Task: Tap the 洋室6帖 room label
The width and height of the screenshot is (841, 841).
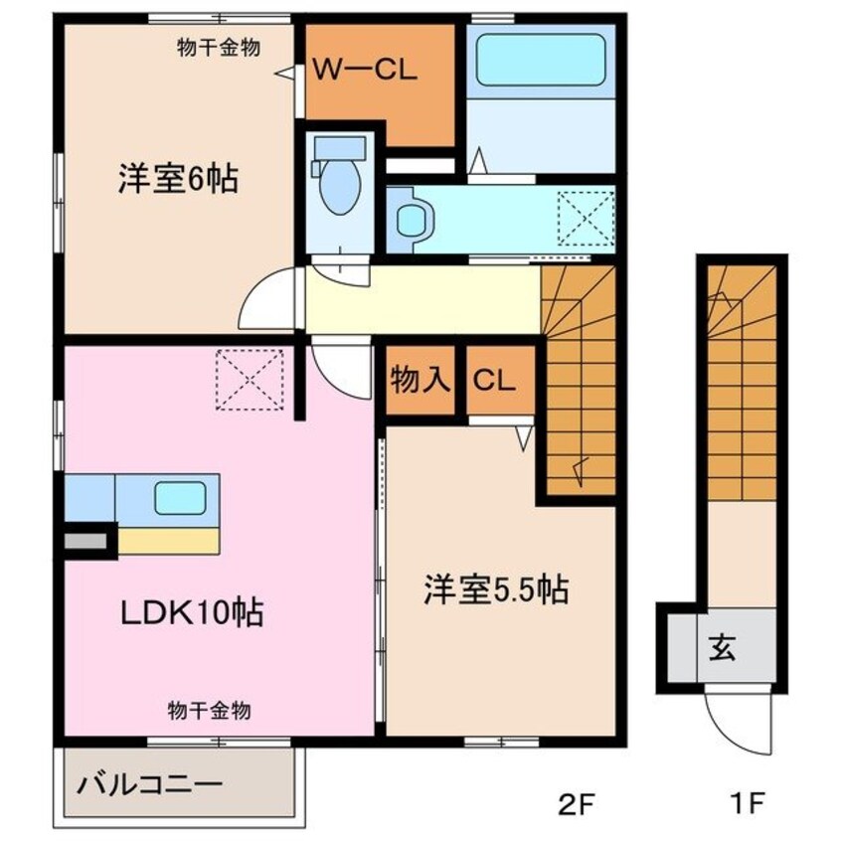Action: pos(178,180)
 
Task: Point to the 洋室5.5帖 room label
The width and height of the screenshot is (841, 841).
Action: pos(496,589)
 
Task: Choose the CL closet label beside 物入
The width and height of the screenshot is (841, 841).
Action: pos(492,379)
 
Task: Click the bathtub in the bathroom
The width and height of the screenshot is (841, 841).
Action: pos(541,63)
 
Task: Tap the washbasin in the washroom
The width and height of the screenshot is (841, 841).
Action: pos(411,219)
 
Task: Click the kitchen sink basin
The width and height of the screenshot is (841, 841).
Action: pos(180,497)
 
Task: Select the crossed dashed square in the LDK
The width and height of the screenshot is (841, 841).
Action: pos(250,379)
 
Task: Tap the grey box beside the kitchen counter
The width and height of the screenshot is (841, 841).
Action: pos(86,542)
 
